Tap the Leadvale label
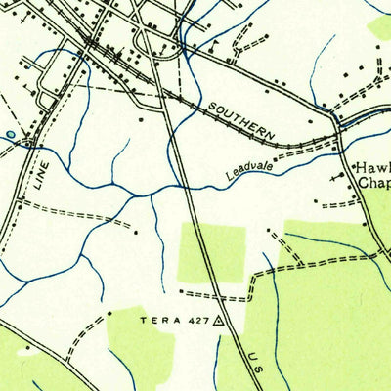click(x=245, y=169)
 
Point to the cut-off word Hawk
click(x=371, y=167)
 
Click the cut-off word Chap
click(x=374, y=183)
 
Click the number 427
click(x=197, y=320)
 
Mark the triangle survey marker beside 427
click(x=220, y=319)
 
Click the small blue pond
click(x=11, y=135)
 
